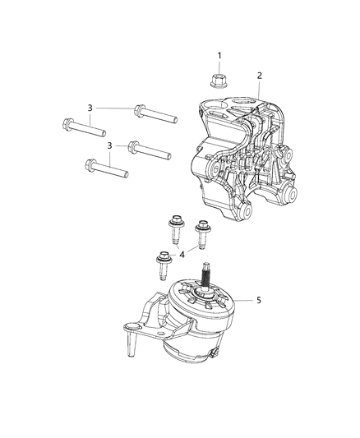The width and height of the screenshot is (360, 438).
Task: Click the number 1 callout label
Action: point(219,56)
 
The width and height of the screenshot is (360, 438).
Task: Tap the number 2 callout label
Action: point(260,76)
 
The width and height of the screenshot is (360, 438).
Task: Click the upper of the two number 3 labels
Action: point(90,107)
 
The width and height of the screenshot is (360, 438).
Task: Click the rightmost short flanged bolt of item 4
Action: point(201,228)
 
